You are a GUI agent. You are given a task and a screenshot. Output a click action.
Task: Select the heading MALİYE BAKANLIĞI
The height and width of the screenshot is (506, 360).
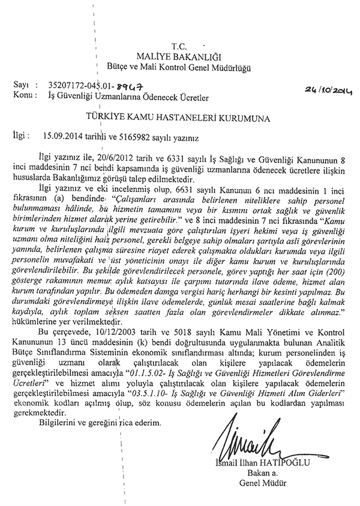pyautogui.click(x=179, y=56)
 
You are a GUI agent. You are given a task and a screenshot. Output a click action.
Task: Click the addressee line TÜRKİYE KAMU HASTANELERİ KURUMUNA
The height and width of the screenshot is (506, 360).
pyautogui.click(x=179, y=116)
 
